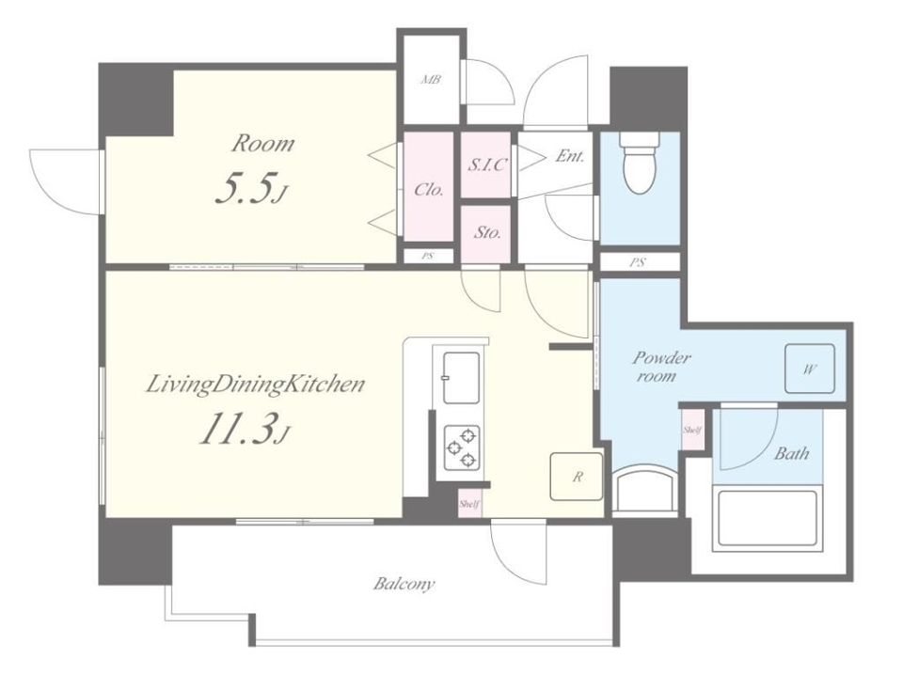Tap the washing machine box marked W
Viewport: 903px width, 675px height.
[810, 369]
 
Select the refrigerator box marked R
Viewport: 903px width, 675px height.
[577, 477]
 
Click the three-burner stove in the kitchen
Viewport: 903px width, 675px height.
[462, 447]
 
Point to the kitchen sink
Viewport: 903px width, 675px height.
[461, 378]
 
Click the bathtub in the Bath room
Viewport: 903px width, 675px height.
[766, 517]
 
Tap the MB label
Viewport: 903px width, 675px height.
[431, 80]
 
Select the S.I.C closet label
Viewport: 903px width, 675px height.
[486, 165]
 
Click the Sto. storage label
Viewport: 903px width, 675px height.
[487, 233]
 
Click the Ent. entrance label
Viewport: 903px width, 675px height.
[570, 155]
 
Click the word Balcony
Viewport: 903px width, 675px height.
[404, 585]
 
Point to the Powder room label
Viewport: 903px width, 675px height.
[660, 367]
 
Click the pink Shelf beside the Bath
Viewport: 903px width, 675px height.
[692, 430]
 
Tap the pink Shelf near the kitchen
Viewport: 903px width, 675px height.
[469, 504]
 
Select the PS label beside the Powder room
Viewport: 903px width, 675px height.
[637, 262]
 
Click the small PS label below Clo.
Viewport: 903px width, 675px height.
[427, 256]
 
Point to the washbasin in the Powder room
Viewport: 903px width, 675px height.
[643, 489]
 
